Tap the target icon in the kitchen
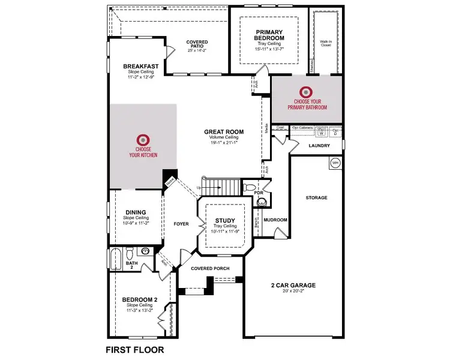pyautogui.click(x=143, y=139)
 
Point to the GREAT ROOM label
pyautogui.click(x=223, y=132)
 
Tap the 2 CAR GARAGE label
pyautogui.click(x=292, y=285)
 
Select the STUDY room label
pyautogui.click(x=224, y=220)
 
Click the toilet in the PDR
pyautogui.click(x=250, y=188)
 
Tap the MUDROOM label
pyautogui.click(x=275, y=220)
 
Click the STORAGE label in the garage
pyautogui.click(x=316, y=197)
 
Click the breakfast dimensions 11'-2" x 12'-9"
pyautogui.click(x=141, y=77)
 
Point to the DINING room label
pyautogui.click(x=136, y=211)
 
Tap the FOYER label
pyautogui.click(x=181, y=224)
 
